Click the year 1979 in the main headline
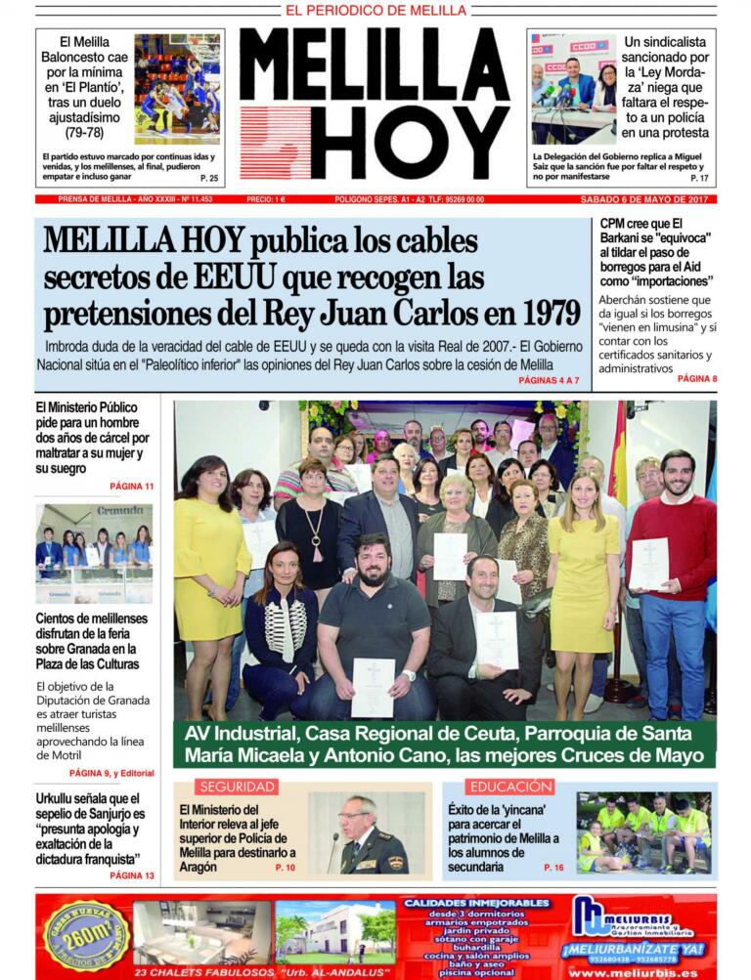click(543, 313)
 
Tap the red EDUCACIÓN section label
click(509, 787)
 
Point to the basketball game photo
click(177, 90)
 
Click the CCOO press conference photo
click(574, 89)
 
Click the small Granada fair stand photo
click(94, 554)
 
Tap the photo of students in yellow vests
click(643, 832)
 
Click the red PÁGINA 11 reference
click(131, 486)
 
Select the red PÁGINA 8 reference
click(696, 378)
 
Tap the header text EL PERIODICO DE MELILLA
click(375, 11)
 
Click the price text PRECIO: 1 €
click(266, 199)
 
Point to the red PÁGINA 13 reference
click(131, 875)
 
